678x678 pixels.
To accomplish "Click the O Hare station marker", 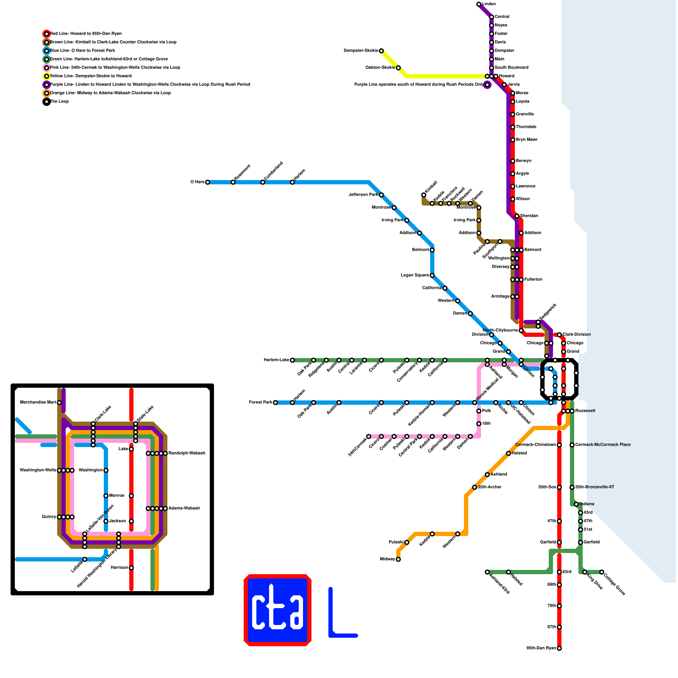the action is click(208, 182).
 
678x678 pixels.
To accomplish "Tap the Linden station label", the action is click(489, 4).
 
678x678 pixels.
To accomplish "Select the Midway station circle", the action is click(398, 559).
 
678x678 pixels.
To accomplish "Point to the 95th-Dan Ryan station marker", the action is click(559, 648).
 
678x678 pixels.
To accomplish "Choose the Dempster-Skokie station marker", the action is click(381, 51).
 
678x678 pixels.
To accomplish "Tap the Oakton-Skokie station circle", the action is click(398, 68).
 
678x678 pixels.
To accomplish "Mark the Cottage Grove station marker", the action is click(602, 572).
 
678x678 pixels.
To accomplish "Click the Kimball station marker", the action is click(424, 195).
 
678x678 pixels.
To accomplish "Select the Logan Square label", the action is click(415, 275).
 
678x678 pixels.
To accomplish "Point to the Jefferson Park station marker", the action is click(381, 195).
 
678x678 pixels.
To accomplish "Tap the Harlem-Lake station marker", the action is click(292, 360).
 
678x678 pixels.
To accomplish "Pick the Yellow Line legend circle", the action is click(47, 76).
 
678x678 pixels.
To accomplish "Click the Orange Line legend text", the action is click(110, 93).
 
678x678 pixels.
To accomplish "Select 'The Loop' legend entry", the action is click(59, 102).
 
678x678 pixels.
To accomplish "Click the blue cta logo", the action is click(278, 610).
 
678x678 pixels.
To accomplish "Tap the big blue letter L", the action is click(341, 614).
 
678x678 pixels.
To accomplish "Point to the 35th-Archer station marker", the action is click(475, 487).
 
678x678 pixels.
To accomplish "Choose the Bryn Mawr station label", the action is click(526, 140).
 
